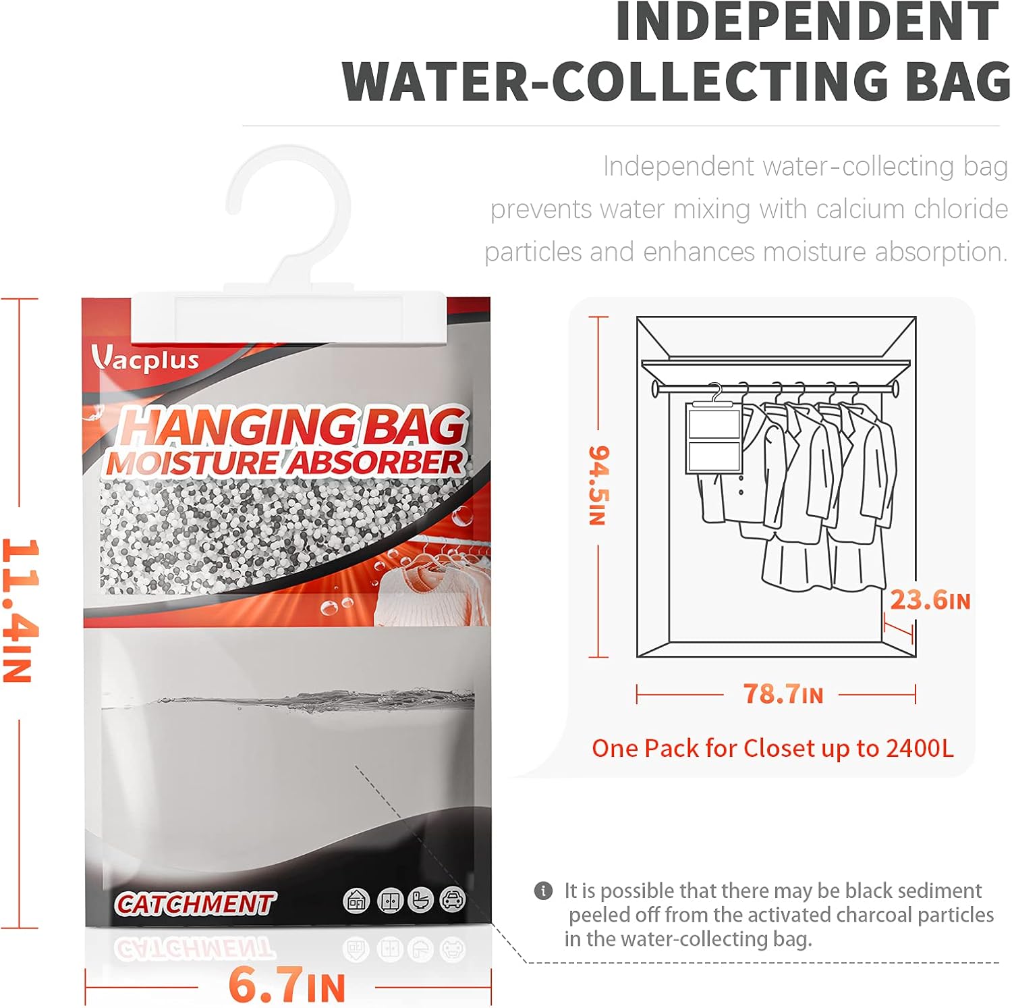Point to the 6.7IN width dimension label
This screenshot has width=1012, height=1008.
point(287,986)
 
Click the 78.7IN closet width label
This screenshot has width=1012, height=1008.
point(783,694)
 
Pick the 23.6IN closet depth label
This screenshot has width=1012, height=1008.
point(930,600)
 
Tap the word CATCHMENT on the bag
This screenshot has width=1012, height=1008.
point(194,903)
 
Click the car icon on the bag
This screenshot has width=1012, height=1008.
point(452,899)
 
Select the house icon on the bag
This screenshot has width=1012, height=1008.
point(356,900)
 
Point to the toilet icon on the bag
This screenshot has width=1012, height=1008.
point(420,900)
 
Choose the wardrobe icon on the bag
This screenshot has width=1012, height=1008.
point(389,900)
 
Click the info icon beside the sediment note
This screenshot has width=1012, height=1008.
point(543,891)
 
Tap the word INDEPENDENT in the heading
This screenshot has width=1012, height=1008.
point(806,22)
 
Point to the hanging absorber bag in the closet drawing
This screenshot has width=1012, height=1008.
point(714,437)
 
